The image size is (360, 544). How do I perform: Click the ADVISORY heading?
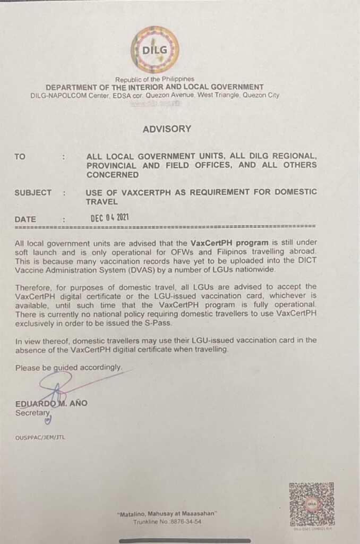(x=166, y=129)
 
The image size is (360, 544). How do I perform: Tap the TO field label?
(x=20, y=157)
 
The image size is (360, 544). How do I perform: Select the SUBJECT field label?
(x=33, y=192)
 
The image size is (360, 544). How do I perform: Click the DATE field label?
(x=26, y=218)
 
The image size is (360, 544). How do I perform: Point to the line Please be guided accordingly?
(x=69, y=367)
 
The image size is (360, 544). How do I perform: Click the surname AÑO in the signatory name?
(x=78, y=403)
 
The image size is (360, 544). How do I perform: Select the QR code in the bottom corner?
(x=311, y=503)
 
